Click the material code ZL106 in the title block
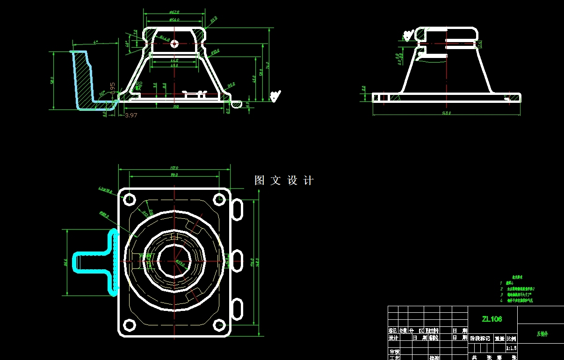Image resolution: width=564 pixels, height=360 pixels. click(492, 319)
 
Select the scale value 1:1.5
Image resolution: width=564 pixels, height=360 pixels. click(511, 348)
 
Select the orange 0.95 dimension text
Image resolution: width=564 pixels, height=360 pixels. click(112, 88)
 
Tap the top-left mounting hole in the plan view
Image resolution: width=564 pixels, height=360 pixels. click(129, 200)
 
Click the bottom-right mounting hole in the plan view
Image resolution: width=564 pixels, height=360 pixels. click(219, 324)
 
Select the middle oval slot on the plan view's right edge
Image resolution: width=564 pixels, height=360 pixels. click(237, 260)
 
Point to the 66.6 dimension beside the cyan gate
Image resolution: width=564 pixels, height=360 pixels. click(66, 262)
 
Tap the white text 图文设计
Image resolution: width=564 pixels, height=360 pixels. click(284, 180)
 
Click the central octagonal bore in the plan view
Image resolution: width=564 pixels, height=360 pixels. click(174, 260)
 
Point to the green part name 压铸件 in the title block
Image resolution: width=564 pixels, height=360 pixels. click(542, 334)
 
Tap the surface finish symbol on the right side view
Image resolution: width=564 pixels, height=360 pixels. click(408, 35)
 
